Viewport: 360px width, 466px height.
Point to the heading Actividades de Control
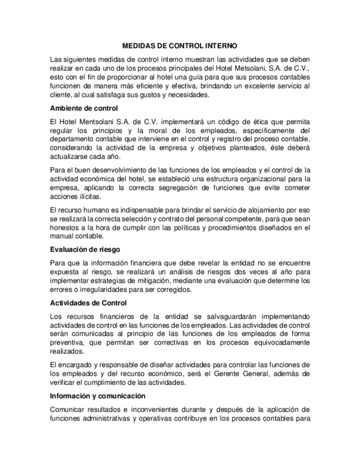click(x=88, y=303)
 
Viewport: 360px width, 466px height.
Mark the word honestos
click(x=65, y=228)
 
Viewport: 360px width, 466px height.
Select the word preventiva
click(x=69, y=343)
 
